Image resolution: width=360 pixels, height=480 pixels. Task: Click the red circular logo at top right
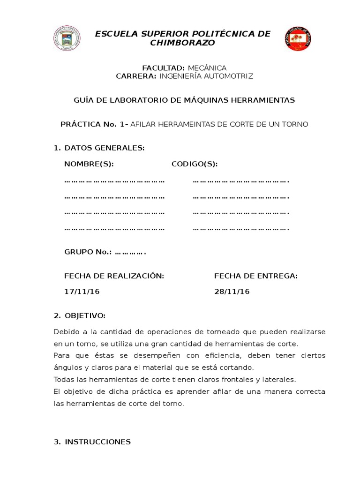[298, 39]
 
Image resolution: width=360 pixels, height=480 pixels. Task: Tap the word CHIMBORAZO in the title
[182, 43]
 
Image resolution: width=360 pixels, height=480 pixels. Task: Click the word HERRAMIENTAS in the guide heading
[262, 100]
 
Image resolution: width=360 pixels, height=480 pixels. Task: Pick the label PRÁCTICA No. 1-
[95, 124]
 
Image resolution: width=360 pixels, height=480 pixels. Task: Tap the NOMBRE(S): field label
[89, 165]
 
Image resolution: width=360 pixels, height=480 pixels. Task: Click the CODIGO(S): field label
[195, 165]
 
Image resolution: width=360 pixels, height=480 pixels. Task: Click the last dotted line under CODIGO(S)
[241, 229]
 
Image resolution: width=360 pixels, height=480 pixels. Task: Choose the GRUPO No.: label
[88, 252]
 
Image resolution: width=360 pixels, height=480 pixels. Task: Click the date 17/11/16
[82, 292]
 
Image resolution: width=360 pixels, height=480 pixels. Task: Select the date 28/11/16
[232, 292]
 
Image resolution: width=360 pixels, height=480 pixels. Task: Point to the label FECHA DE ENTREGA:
[256, 276]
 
